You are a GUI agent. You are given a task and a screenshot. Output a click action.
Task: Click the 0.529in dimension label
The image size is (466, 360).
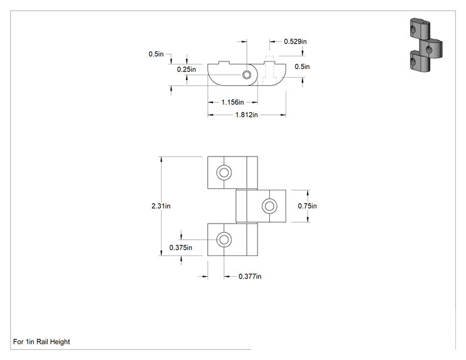295,41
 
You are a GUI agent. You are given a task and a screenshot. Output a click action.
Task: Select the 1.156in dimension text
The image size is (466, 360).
232,103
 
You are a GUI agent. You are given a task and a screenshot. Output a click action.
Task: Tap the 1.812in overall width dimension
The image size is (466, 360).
246,115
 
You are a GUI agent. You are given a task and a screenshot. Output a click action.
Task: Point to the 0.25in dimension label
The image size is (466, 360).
187,69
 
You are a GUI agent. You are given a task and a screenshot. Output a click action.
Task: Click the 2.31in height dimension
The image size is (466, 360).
161,206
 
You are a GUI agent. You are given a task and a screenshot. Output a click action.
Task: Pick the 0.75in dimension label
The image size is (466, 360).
308,206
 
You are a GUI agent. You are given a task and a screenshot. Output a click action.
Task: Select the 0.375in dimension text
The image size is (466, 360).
180,248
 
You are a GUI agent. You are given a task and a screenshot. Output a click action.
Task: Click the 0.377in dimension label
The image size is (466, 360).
250,277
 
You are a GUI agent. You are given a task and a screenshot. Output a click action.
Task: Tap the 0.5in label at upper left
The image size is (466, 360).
156,54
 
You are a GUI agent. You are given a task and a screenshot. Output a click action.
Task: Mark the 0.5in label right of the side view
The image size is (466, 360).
303,66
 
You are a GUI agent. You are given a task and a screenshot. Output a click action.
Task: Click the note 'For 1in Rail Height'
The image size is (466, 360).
41,342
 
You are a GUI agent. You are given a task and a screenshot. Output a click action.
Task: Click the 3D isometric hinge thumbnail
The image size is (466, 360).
426,45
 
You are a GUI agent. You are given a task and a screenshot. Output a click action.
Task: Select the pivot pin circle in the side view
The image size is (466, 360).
246,75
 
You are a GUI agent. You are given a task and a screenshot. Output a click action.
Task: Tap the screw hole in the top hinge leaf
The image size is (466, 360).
224,173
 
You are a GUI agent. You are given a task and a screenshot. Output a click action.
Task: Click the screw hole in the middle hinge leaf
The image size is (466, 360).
269,206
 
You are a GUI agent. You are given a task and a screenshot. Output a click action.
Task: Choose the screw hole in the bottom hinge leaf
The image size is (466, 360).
224,240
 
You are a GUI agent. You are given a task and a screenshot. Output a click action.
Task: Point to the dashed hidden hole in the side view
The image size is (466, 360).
269,70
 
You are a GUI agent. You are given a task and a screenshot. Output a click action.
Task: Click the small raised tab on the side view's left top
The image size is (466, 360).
224,63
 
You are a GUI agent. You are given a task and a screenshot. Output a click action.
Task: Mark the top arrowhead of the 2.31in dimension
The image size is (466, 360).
161,159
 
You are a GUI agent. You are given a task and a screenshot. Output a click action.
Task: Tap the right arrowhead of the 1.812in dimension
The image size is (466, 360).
283,115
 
